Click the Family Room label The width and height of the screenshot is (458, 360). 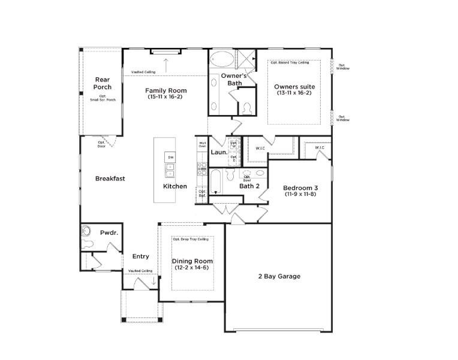point(165,90)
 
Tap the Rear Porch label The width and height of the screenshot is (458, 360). point(103,83)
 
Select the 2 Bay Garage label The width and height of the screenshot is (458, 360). point(279,276)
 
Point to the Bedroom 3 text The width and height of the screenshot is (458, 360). point(300,188)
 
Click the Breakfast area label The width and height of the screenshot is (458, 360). point(110,179)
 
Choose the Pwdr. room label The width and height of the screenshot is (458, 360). point(109,232)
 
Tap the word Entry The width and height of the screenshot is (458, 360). point(140,256)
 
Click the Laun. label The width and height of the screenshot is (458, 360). point(218,152)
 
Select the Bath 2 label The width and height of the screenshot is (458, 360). point(249,186)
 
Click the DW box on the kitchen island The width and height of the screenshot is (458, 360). point(171,158)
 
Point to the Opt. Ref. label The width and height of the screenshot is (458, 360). point(202,193)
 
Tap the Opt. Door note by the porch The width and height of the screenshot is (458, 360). point(102,144)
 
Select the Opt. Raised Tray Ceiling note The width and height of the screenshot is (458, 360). point(290,62)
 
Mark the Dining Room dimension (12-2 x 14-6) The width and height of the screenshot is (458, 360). point(192,268)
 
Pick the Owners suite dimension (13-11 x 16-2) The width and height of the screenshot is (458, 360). point(294,93)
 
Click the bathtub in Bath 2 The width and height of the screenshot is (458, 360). point(216,181)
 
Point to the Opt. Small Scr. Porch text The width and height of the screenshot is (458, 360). point(103,98)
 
